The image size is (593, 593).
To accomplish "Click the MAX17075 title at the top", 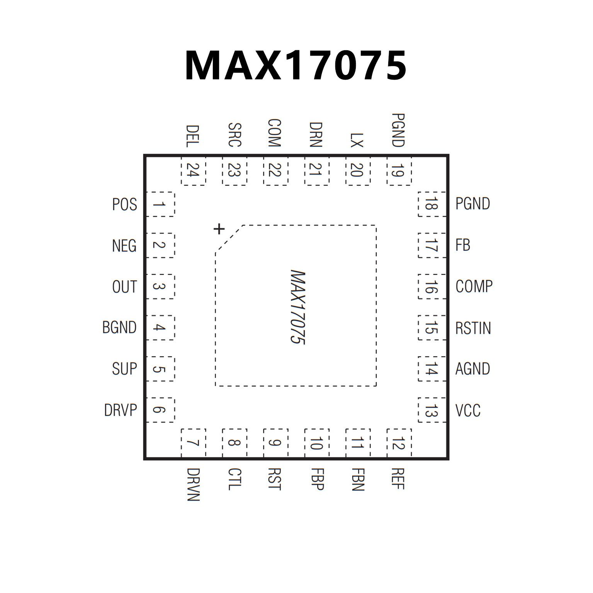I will coord(296,65).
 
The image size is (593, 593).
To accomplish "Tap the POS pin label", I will coord(124,204).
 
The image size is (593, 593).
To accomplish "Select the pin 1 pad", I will coord(160,204).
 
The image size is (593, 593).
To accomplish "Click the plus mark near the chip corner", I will coord(219,229).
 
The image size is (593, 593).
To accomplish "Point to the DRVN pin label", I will coord(193,484).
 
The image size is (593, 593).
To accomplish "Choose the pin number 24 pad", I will coord(193,170).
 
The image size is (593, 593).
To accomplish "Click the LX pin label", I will coord(357,140).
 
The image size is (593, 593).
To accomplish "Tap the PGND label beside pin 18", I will coord(472,204).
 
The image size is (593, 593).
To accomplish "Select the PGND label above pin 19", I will coord(398,130).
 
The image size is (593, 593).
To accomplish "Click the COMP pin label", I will coord(474,286).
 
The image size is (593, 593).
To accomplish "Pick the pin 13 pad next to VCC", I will coord(432,410).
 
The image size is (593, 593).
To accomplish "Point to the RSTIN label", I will coord(473,328).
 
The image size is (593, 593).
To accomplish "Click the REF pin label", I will coord(398,479).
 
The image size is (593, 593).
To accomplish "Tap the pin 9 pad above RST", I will coord(275,443).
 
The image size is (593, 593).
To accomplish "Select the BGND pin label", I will coord(119,327).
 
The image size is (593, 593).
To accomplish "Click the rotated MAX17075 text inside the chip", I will coord(298,307).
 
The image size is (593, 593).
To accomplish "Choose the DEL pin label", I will coord(193,136).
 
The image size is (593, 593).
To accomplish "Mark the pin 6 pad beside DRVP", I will coord(160,410).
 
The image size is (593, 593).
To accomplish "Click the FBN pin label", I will coord(358,479).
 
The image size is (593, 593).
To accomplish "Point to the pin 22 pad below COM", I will coord(275,170).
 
